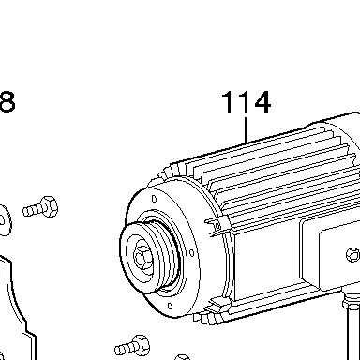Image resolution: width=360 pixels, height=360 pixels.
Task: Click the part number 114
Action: click(x=247, y=101)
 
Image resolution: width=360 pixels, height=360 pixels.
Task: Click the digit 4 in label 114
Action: click(x=262, y=101)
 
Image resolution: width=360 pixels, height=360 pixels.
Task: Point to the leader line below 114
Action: click(x=246, y=130)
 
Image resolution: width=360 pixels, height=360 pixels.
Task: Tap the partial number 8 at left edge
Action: click(x=7, y=101)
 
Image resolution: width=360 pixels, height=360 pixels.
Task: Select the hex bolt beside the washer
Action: click(x=40, y=207)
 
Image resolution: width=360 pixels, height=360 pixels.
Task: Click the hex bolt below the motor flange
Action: click(x=132, y=345)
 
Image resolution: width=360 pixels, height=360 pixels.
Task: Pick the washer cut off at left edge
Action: click(x=6, y=220)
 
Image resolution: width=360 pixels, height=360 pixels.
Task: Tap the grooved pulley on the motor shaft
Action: click(x=149, y=257)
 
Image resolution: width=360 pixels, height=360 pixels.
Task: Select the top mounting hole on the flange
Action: click(x=154, y=199)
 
